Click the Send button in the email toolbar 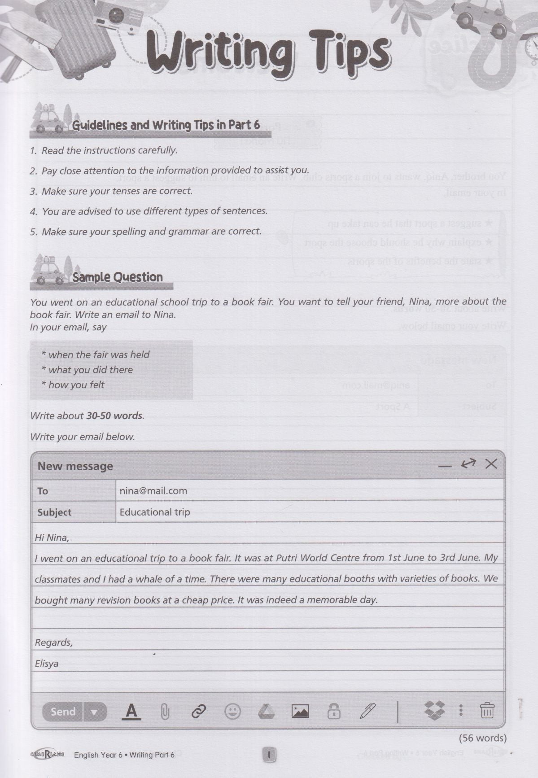click(63, 712)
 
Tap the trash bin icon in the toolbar click(487, 711)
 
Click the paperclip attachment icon click(165, 712)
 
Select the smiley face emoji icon click(232, 711)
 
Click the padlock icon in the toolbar click(333, 712)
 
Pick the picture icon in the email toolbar click(300, 711)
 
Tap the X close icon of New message click(491, 464)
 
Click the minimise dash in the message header click(445, 466)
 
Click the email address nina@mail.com click(153, 491)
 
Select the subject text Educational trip click(155, 512)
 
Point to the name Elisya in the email click(47, 664)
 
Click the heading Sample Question click(118, 277)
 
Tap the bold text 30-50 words click(114, 415)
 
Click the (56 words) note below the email click(482, 738)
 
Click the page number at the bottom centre click(269, 755)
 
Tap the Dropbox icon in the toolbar click(434, 711)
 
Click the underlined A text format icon click(131, 712)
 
